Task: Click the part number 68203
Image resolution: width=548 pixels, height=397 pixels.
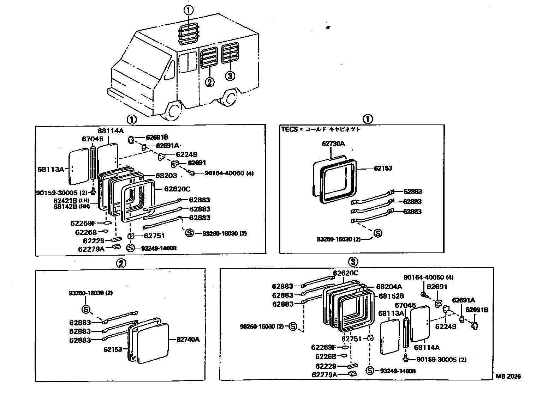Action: coord(166,175)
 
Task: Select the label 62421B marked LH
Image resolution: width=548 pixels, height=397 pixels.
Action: coord(65,200)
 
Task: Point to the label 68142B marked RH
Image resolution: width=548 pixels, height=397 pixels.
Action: coord(65,206)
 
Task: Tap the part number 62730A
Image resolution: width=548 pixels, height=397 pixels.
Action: coord(333,143)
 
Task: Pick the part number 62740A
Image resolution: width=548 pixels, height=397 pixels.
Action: coord(188,340)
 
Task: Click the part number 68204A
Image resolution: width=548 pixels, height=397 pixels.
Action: coord(389,287)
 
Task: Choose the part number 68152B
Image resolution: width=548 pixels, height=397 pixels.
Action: coord(391,296)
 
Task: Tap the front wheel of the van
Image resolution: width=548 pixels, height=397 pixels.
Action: coord(173,110)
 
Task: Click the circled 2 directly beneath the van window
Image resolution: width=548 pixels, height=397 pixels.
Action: coord(210,82)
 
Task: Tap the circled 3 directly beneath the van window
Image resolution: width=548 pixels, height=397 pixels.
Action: coord(230,75)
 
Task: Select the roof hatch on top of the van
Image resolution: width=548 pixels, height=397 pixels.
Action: coord(189,35)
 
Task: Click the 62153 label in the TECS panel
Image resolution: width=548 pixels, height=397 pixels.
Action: coord(383,168)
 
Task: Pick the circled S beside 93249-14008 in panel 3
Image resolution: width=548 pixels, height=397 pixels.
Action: coord(370,371)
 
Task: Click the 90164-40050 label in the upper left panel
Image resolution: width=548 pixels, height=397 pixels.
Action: coord(224,173)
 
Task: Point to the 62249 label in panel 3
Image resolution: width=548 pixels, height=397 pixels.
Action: coord(446,326)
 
